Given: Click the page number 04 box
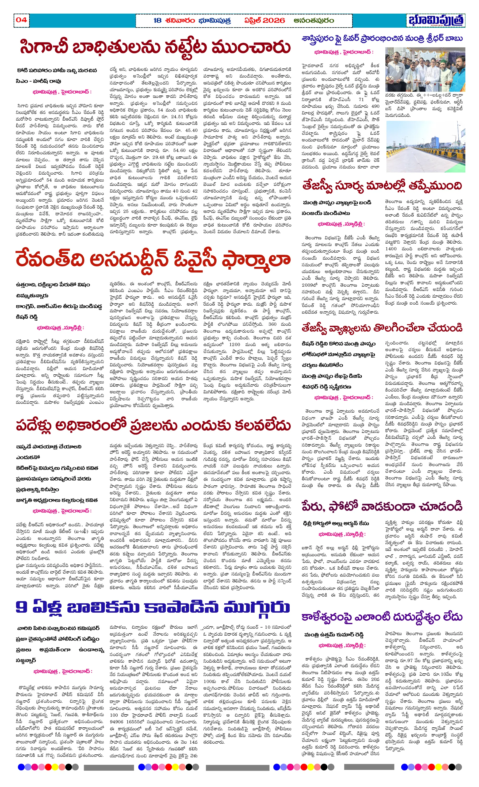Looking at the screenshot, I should pyautogui.click(x=21, y=20).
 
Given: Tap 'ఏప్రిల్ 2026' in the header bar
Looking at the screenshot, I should pyautogui.click(x=264, y=20).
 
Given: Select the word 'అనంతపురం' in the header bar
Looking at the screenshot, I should pyautogui.click(x=314, y=20).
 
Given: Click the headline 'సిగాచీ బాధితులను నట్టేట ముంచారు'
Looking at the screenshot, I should pyautogui.click(x=155, y=47).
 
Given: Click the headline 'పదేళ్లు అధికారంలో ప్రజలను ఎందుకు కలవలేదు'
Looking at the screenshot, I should pyautogui.click(x=153, y=425).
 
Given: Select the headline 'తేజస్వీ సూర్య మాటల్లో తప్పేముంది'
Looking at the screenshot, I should pyautogui.click(x=382, y=186).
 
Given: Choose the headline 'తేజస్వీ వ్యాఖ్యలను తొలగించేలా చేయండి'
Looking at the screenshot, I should pyautogui.click(x=382, y=328).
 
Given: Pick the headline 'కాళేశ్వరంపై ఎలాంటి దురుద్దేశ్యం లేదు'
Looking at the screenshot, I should pyautogui.click(x=382, y=617).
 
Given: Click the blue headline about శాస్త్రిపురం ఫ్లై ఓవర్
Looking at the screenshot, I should pyautogui.click(x=382, y=39).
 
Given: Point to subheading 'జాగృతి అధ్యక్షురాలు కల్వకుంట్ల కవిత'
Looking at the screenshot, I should pyautogui.click(x=57, y=500).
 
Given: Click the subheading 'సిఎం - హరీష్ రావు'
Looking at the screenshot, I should pyautogui.click(x=38, y=81).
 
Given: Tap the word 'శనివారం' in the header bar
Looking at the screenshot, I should pyautogui.click(x=180, y=20).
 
